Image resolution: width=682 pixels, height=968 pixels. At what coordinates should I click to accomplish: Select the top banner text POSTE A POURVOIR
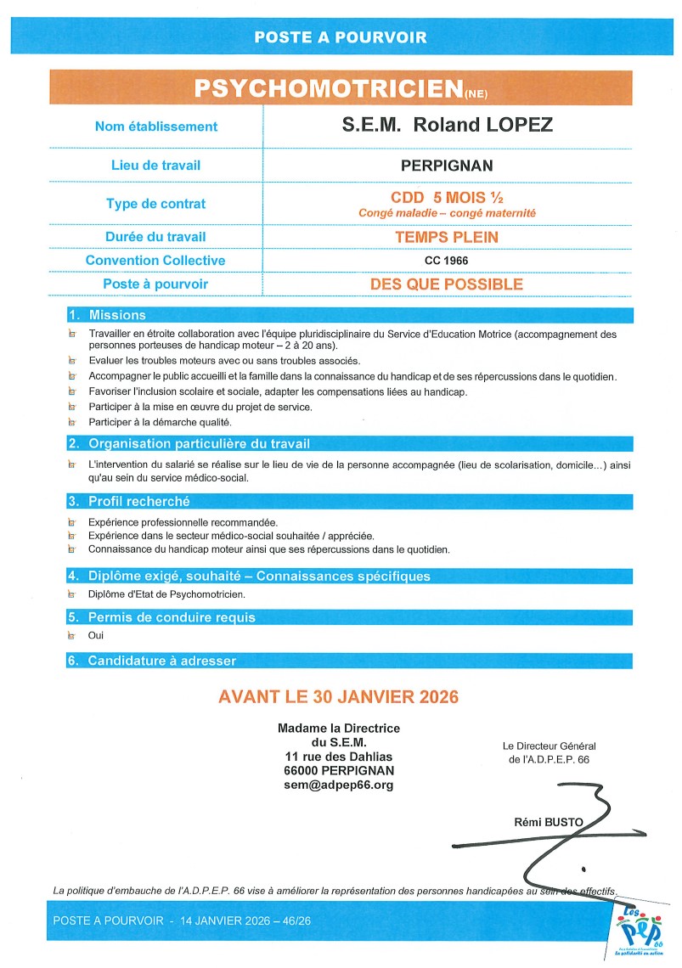tap(341, 37)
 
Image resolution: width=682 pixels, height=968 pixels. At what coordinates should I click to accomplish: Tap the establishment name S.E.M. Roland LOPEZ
tap(447, 126)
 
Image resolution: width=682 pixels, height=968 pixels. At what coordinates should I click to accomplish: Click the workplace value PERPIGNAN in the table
tap(447, 166)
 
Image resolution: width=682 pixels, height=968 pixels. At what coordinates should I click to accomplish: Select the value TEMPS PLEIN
tap(447, 238)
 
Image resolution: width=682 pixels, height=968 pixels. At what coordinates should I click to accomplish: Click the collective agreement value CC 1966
tap(447, 261)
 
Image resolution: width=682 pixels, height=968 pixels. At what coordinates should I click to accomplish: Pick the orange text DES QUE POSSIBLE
tap(447, 284)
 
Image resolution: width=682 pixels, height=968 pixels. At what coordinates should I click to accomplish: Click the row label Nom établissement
tap(156, 127)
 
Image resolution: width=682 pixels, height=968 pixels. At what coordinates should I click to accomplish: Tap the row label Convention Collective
tap(155, 261)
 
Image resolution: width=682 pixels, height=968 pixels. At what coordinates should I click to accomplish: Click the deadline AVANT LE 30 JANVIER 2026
tap(338, 697)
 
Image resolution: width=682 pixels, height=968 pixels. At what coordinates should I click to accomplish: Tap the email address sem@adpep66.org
tap(338, 785)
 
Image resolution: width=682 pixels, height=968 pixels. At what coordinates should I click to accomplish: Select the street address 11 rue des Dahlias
tap(338, 757)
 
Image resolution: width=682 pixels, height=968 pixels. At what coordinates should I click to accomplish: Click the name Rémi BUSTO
tap(545, 822)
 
